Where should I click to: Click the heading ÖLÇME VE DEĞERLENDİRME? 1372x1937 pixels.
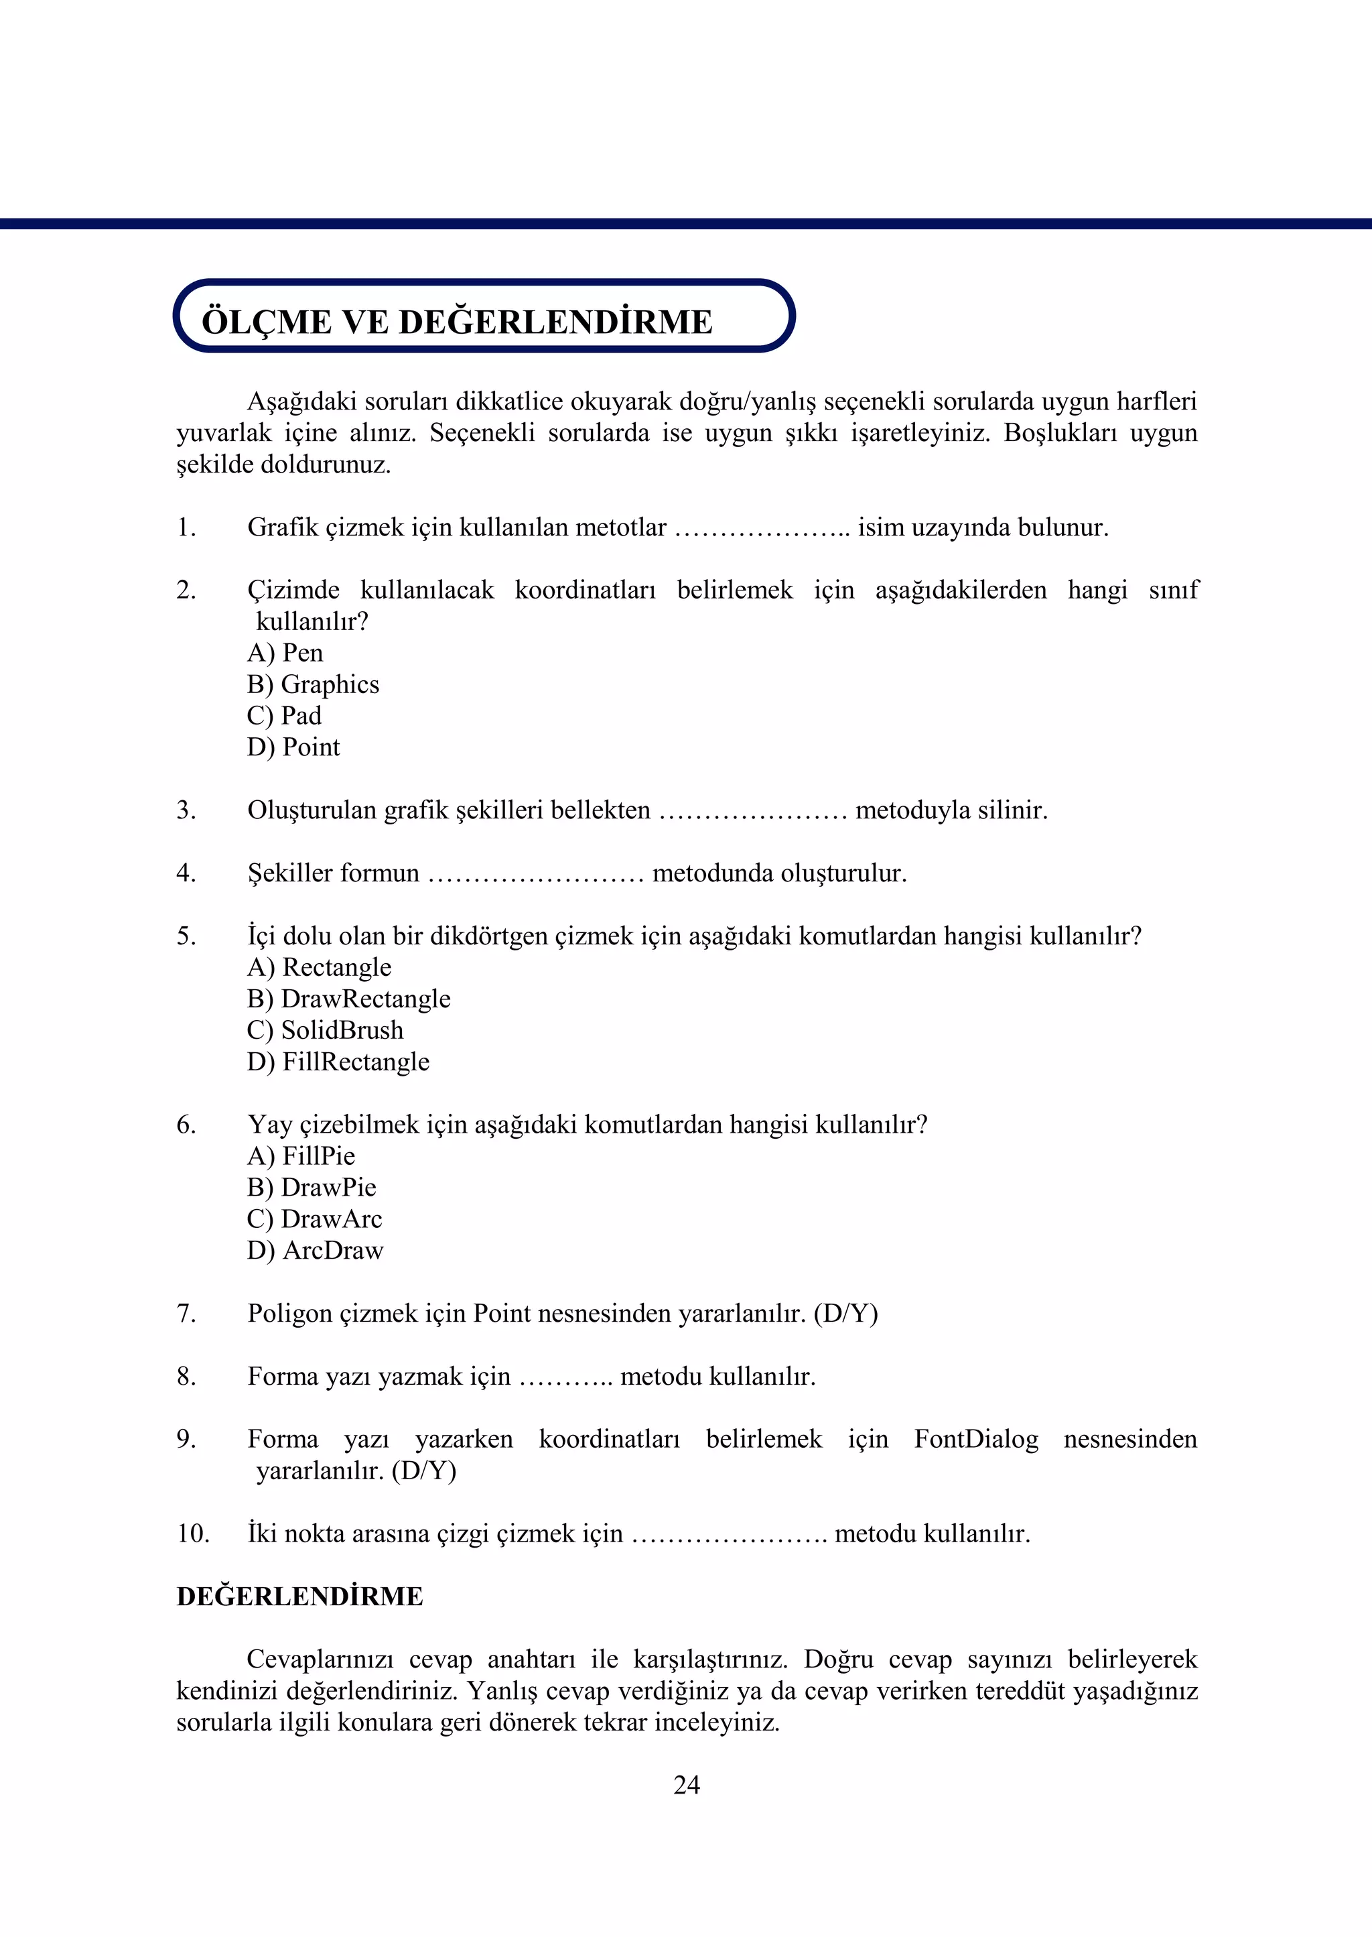pyautogui.click(x=457, y=322)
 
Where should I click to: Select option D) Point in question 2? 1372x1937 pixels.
pyautogui.click(x=293, y=747)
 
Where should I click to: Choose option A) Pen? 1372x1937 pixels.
pyautogui.click(x=285, y=652)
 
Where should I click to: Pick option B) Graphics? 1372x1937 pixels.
pyautogui.click(x=313, y=684)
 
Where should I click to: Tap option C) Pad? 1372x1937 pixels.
pyautogui.click(x=284, y=716)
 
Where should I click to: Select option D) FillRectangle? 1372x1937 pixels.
pyautogui.click(x=338, y=1062)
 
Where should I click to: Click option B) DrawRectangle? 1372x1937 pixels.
pyautogui.click(x=348, y=999)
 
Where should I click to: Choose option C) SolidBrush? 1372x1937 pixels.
pyautogui.click(x=326, y=1030)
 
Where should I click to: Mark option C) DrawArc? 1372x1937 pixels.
pyautogui.click(x=314, y=1219)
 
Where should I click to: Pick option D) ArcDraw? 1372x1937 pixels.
pyautogui.click(x=315, y=1250)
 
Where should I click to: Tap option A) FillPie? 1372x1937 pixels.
pyautogui.click(x=301, y=1156)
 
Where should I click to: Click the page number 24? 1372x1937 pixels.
pyautogui.click(x=686, y=1785)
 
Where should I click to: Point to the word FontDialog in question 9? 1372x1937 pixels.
pyautogui.click(x=976, y=1439)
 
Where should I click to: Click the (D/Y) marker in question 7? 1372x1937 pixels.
pyautogui.click(x=845, y=1313)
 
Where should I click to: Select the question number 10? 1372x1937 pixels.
pyautogui.click(x=193, y=1534)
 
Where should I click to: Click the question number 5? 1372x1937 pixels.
pyautogui.click(x=186, y=936)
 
